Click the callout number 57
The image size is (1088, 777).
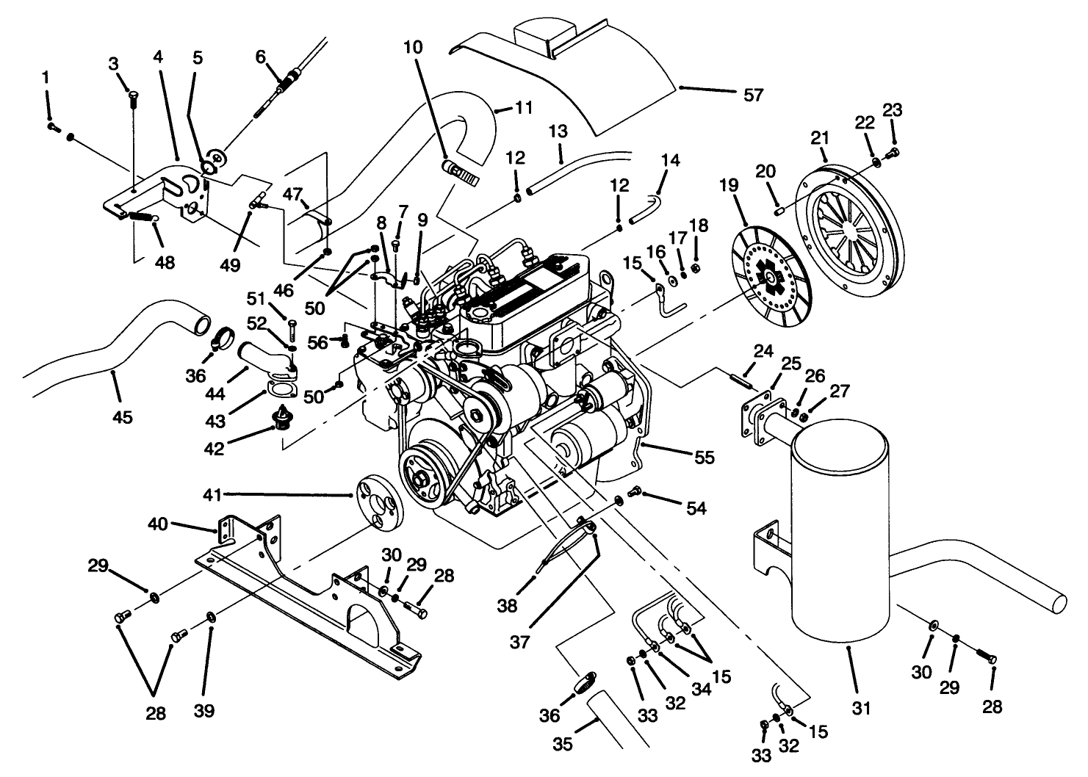click(754, 95)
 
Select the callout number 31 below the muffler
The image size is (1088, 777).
click(861, 708)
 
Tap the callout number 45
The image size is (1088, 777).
click(122, 417)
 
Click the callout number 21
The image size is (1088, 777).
click(820, 137)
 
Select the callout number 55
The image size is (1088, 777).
click(704, 457)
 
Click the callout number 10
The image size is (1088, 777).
click(413, 48)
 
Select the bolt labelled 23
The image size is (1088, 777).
click(893, 153)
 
